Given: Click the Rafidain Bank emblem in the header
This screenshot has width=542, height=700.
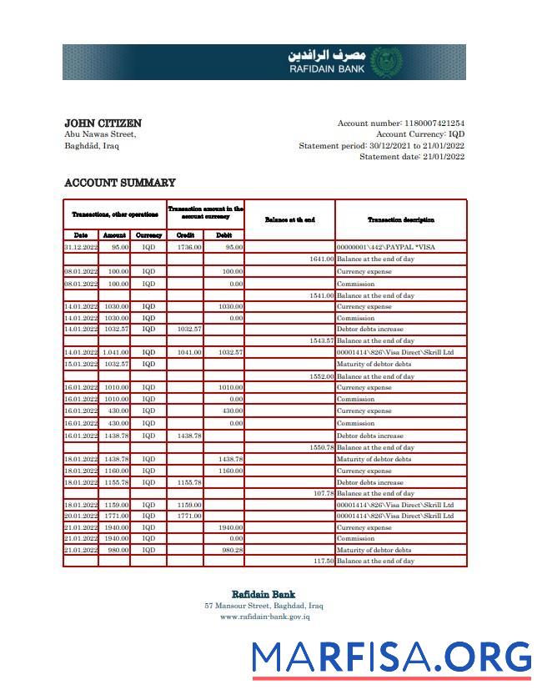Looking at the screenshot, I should [x=385, y=63].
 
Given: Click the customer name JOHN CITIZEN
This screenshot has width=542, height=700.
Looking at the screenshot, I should [x=103, y=123].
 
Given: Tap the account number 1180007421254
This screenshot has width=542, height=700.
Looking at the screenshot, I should [x=434, y=123].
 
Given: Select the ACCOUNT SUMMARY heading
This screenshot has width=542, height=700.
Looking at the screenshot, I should [x=120, y=183].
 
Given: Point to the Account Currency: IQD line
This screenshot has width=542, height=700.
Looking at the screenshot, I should [x=420, y=134].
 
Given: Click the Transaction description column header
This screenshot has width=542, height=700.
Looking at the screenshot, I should [x=400, y=219].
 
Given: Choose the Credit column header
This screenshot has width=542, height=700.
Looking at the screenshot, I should [x=185, y=235].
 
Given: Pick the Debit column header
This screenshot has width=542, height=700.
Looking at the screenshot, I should [x=223, y=235].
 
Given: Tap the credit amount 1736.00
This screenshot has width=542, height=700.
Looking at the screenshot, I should [x=189, y=248].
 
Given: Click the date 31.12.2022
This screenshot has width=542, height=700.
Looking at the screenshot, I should [x=81, y=248].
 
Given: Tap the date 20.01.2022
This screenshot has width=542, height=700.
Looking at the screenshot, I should [x=81, y=516].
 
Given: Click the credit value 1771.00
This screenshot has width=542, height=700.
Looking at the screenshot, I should [x=189, y=516].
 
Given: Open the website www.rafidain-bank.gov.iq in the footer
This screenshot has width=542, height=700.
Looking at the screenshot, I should [x=264, y=617].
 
